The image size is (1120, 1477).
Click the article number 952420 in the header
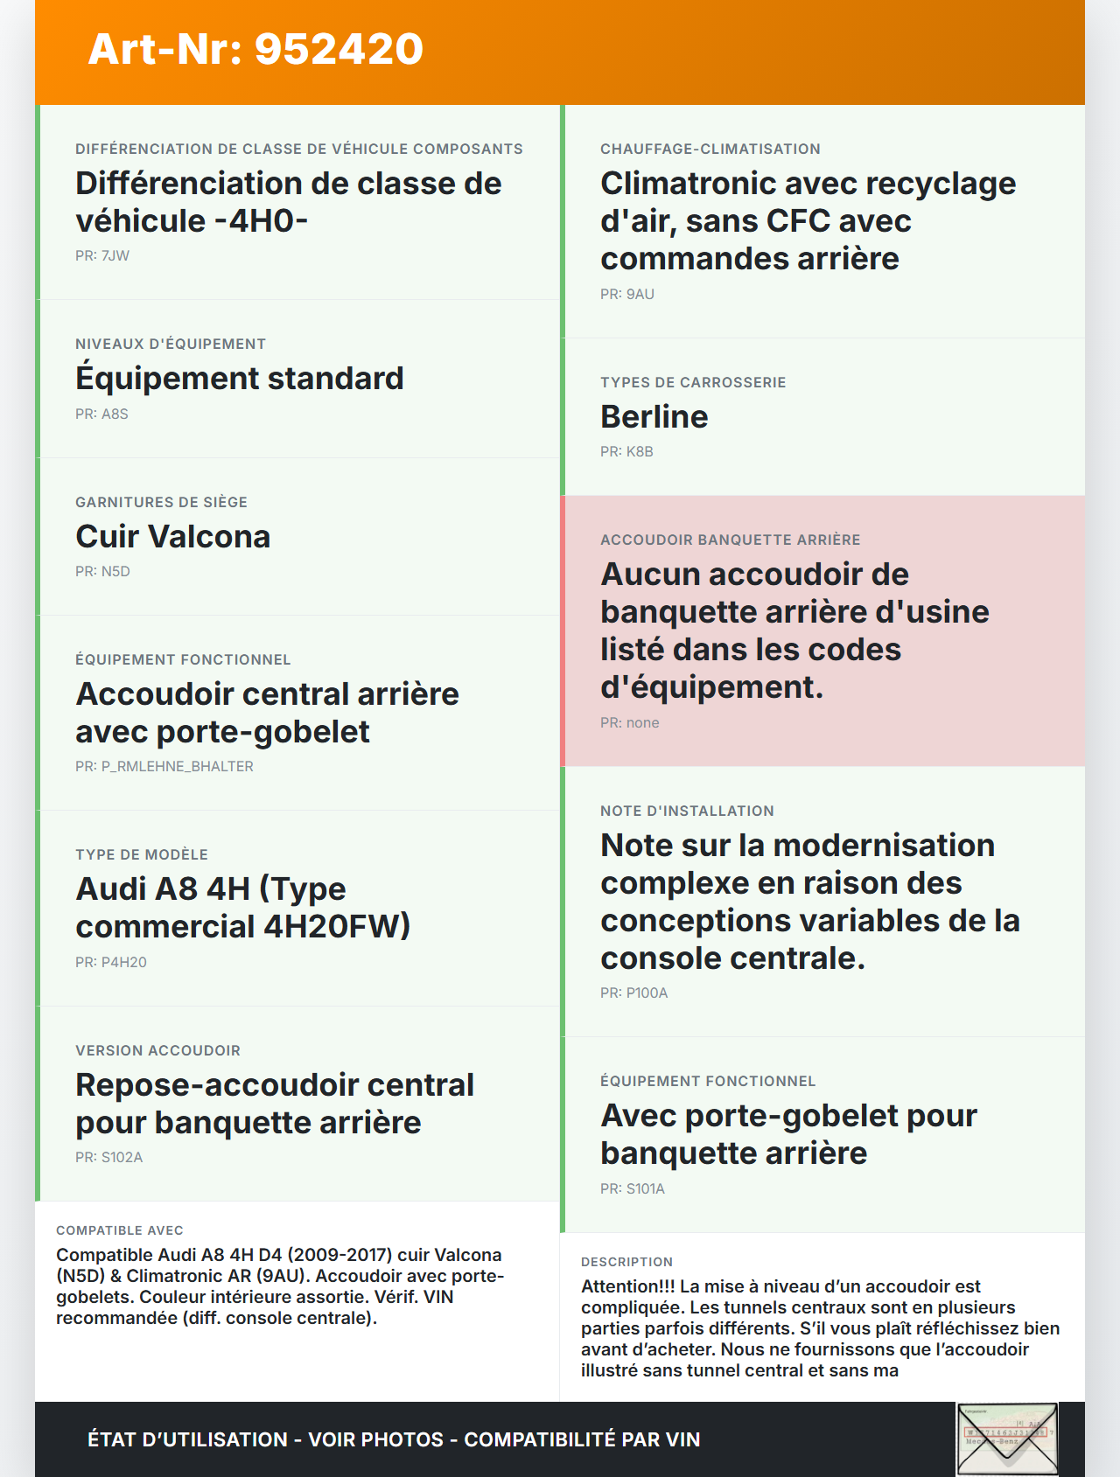(x=339, y=49)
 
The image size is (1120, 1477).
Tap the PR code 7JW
(x=115, y=255)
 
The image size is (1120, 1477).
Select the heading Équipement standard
(x=240, y=378)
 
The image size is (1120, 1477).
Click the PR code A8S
(x=115, y=414)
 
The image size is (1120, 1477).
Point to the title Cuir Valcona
(x=173, y=536)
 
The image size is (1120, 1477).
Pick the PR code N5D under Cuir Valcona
(x=115, y=571)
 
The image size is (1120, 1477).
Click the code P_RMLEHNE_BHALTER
(x=177, y=766)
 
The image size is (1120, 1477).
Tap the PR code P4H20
(x=123, y=962)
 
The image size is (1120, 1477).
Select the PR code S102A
(x=122, y=1157)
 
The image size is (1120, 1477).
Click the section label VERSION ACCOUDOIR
(x=157, y=1050)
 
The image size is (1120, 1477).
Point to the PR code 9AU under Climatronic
(x=640, y=294)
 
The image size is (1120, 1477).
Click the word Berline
(x=654, y=416)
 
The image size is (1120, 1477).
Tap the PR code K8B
(x=640, y=451)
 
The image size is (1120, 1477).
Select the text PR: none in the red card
(x=630, y=722)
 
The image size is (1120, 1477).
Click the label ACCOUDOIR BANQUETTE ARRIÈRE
(x=730, y=540)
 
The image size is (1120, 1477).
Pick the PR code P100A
(x=647, y=993)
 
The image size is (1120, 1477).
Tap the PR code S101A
(x=646, y=1188)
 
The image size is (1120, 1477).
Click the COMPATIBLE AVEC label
(x=120, y=1230)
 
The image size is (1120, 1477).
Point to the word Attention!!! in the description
(x=627, y=1286)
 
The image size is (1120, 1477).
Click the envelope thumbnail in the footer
(x=1007, y=1439)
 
